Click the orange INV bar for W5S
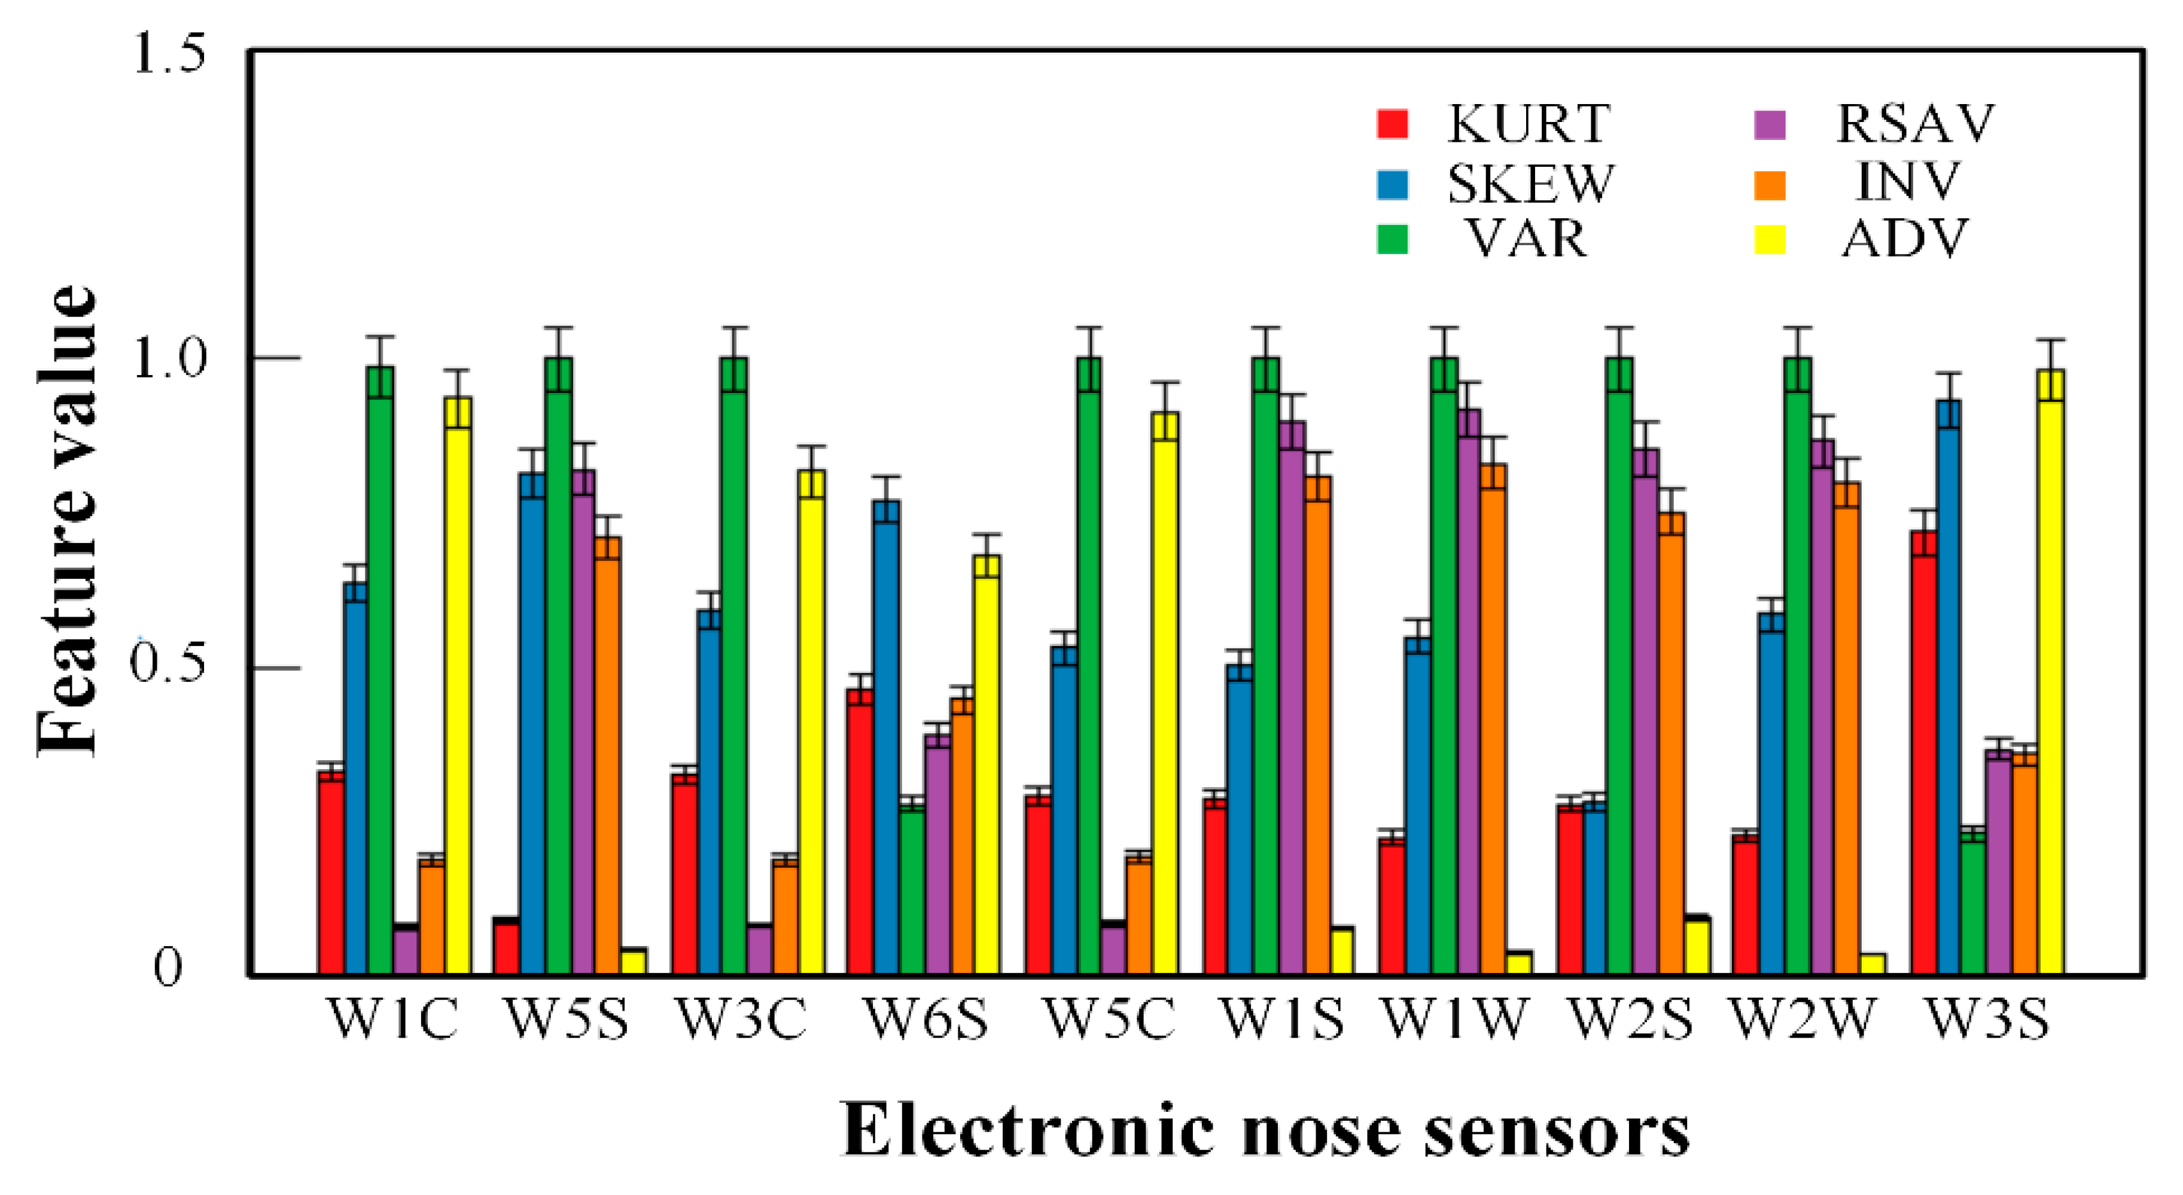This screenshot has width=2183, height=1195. pos(608,754)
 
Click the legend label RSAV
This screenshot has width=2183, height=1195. pos(1914,124)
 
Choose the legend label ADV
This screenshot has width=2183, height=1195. pos(1904,239)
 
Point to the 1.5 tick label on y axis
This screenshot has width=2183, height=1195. pos(169,55)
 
